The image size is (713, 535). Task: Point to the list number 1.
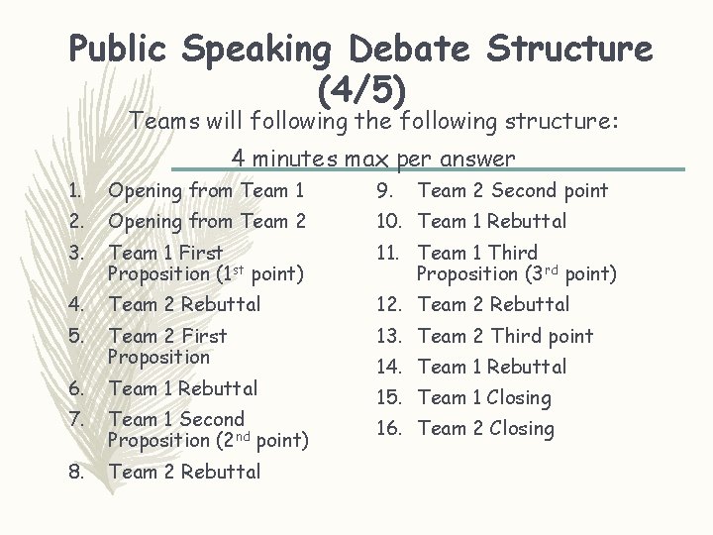75,190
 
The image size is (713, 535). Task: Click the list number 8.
76,472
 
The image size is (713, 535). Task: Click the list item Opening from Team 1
205,190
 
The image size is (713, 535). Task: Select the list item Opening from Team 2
206,221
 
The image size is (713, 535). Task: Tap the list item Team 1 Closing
484,398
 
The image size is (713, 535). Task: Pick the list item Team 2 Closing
486,429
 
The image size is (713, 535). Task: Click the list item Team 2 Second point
513,190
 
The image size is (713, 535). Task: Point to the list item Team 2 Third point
505,336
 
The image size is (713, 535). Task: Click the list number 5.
76,336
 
